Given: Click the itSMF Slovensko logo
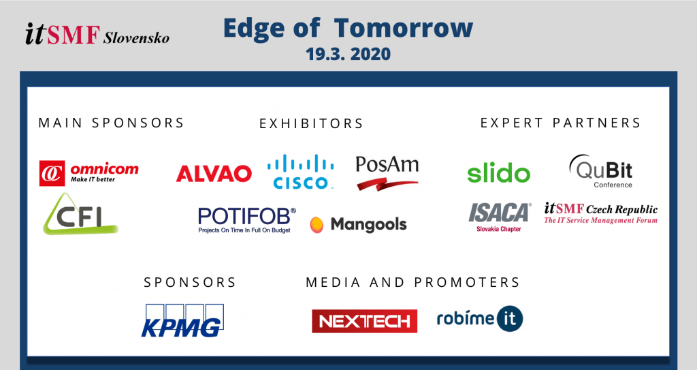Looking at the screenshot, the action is click(97, 34).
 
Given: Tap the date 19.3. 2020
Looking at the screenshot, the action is click(348, 54).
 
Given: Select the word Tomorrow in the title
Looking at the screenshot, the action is click(403, 28).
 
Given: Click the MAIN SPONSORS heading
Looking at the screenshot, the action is click(111, 123).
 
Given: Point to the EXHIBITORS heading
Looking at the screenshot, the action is click(311, 123).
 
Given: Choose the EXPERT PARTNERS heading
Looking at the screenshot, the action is click(560, 123).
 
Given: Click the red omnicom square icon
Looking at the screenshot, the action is click(52, 173).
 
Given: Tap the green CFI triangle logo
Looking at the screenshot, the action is click(80, 214).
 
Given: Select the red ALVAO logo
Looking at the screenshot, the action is click(214, 174).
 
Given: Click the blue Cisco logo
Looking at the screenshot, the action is click(300, 172).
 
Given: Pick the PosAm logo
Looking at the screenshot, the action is click(387, 173).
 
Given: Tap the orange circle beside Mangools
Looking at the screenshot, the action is click(317, 225).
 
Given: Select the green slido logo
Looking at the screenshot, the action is click(499, 173).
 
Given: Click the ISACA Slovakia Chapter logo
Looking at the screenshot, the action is click(500, 217).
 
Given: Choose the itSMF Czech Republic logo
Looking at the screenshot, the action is click(600, 213).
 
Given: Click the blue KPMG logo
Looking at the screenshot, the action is click(182, 320).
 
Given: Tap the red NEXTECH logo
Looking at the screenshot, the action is click(365, 321).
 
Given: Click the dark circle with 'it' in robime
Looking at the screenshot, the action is click(509, 319).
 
